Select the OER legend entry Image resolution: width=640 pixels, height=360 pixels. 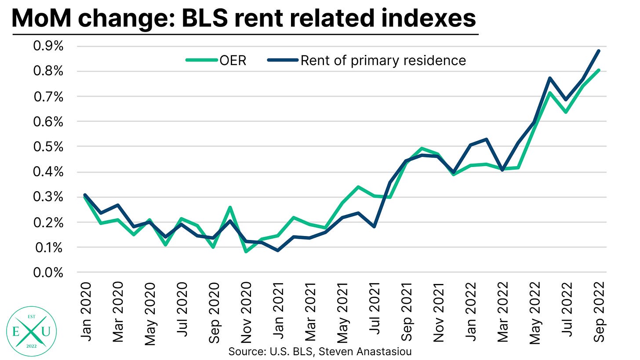(x=215, y=61)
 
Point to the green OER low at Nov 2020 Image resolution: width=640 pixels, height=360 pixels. (x=246, y=252)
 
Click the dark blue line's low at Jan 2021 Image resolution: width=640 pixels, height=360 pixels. (x=278, y=251)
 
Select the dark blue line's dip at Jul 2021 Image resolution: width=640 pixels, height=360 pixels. (x=374, y=226)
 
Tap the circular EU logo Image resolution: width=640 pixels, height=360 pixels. (x=29, y=326)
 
